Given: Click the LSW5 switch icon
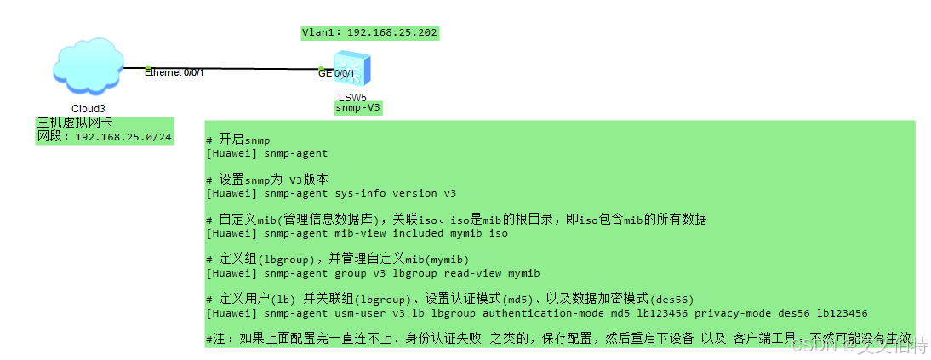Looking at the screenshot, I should [x=351, y=67].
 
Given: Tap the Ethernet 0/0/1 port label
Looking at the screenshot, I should [x=174, y=73].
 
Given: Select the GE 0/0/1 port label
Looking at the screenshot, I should [x=336, y=74].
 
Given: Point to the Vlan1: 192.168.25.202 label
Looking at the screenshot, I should [x=369, y=32].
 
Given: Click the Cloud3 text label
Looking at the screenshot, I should [x=89, y=108].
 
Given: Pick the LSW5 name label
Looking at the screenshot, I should [x=352, y=97].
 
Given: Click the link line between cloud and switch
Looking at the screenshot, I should [x=230, y=68].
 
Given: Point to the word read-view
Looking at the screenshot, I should [x=471, y=273].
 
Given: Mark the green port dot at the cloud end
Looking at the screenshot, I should [x=148, y=68].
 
